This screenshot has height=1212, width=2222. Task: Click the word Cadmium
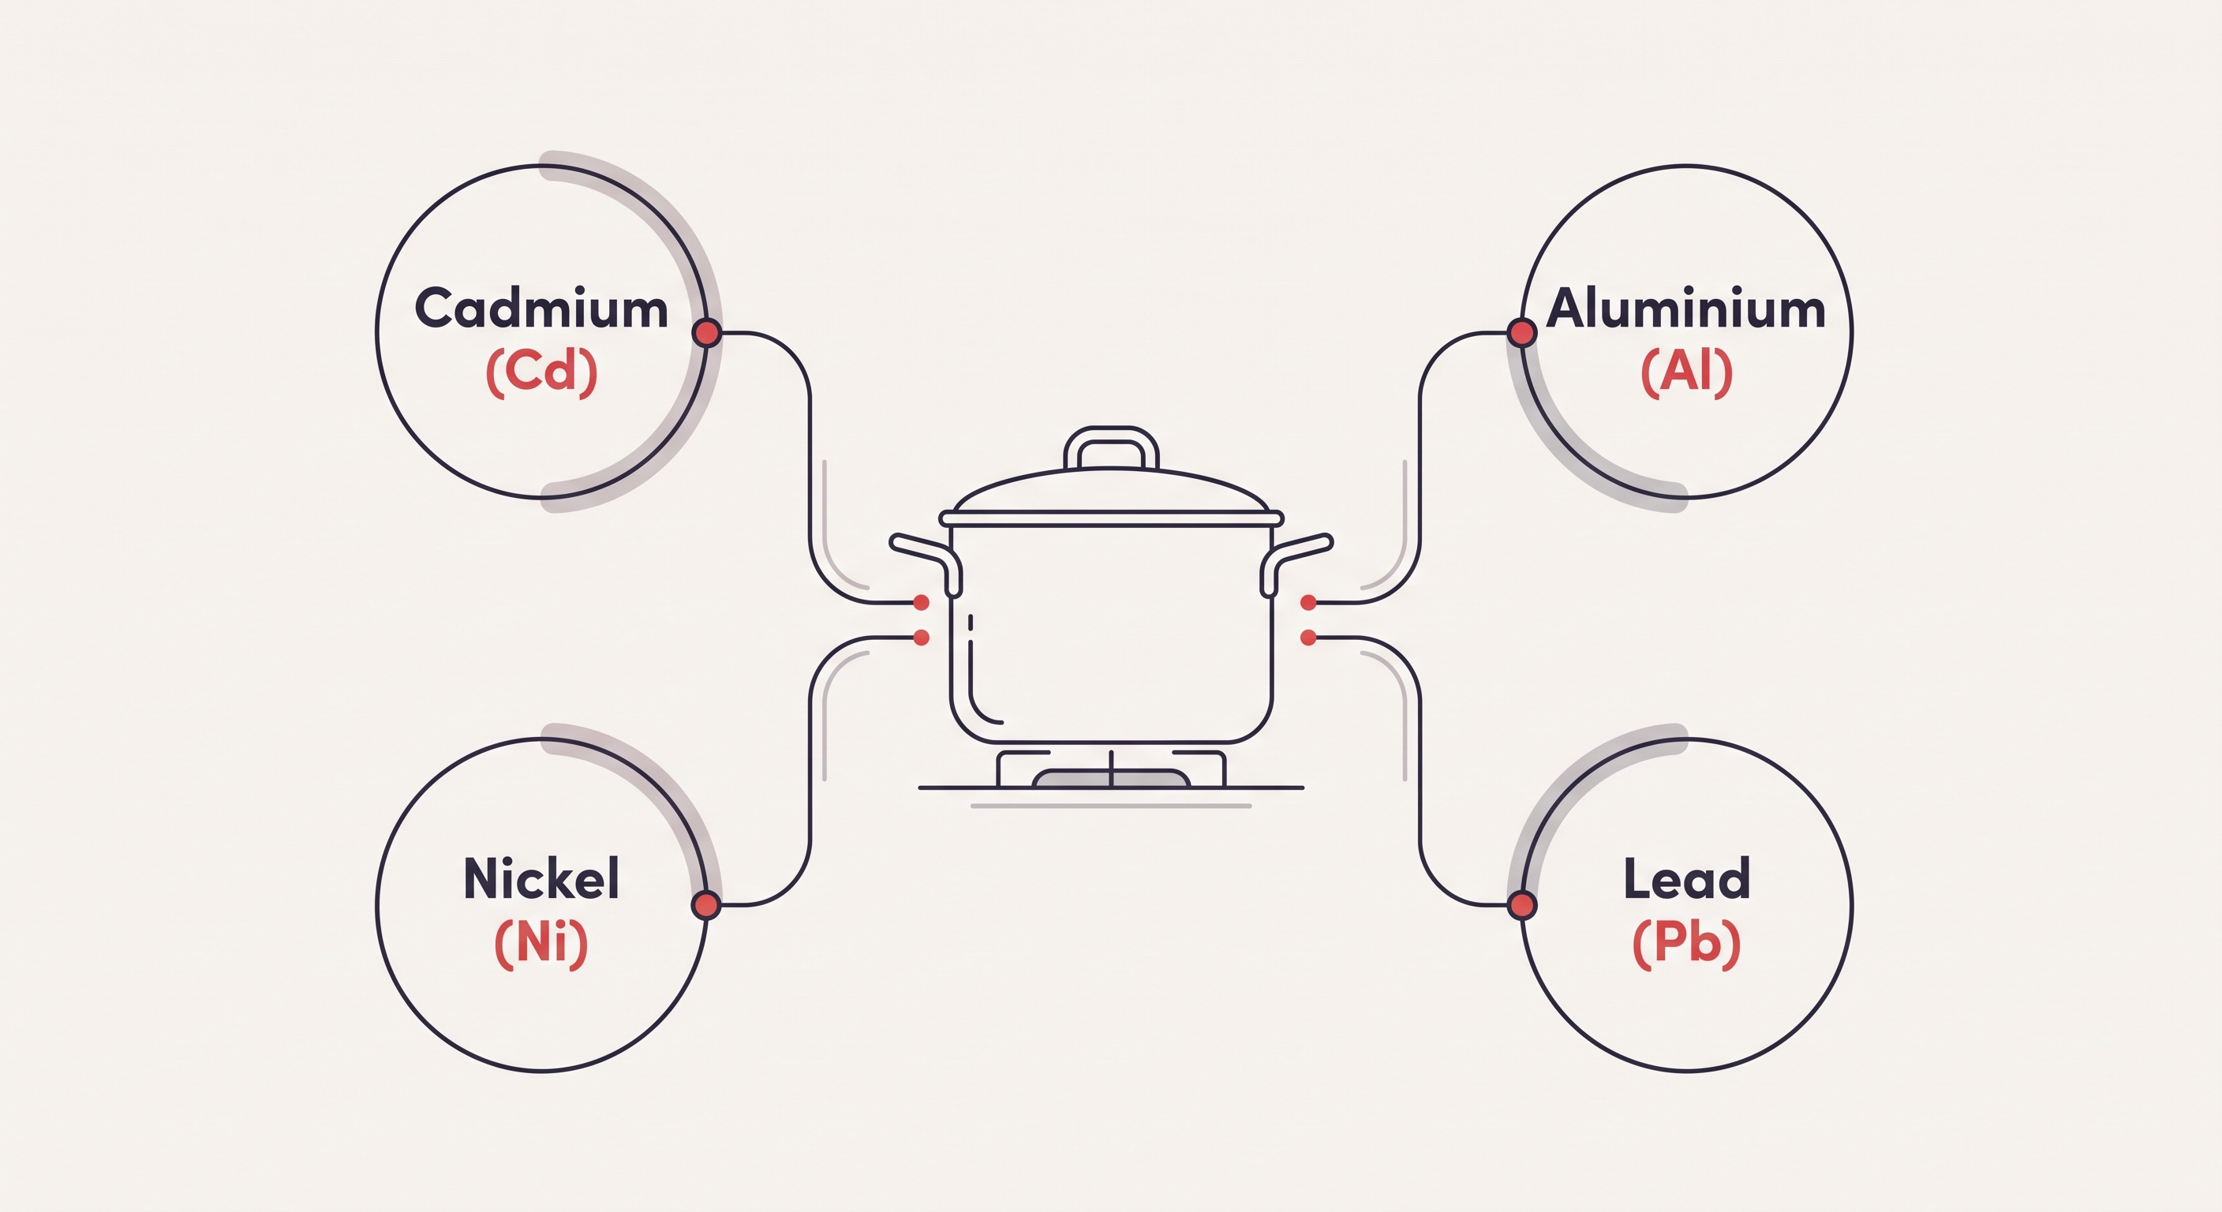542,308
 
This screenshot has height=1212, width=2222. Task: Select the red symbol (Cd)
542,372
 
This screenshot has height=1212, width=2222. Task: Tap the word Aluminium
1685,308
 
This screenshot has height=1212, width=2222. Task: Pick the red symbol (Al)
1686,372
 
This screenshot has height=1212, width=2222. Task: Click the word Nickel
542,878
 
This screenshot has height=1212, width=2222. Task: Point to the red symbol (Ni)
542,942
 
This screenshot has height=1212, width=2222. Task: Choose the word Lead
1686,878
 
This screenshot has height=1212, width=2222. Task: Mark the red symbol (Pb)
1686,942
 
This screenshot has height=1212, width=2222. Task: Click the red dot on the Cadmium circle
706,332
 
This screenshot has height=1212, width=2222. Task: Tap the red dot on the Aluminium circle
1521,332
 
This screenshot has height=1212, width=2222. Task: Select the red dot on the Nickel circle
706,905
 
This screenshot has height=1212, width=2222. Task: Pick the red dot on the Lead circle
1521,905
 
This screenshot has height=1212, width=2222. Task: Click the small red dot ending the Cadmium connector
922,602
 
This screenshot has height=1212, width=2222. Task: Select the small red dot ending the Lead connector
1308,638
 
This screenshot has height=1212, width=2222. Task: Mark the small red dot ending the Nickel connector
922,638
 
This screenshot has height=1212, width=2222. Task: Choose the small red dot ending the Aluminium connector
1308,602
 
